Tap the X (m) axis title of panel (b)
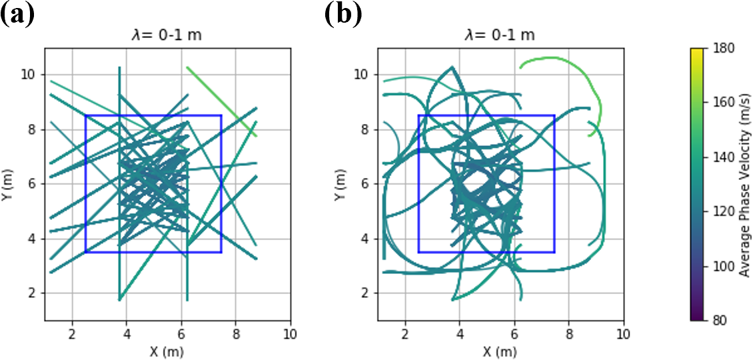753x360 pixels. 500,351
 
